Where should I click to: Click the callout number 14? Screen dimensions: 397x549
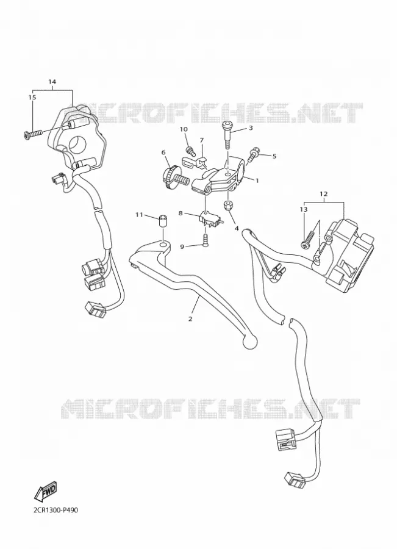click(x=52, y=82)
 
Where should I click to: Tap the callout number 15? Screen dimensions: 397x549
click(x=32, y=98)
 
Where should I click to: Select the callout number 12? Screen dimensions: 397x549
click(x=323, y=193)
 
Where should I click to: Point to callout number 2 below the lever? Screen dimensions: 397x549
click(x=190, y=319)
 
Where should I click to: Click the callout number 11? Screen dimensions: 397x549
click(x=139, y=215)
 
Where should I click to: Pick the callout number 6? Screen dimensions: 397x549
click(x=163, y=152)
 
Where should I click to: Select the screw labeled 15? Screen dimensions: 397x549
click(x=33, y=134)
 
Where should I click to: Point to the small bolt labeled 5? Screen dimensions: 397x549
click(x=252, y=154)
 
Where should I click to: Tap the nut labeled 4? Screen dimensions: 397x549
click(x=228, y=206)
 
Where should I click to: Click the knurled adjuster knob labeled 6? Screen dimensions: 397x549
click(x=174, y=178)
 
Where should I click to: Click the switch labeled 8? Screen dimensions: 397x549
click(x=209, y=220)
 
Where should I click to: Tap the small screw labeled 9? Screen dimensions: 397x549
click(x=206, y=241)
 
